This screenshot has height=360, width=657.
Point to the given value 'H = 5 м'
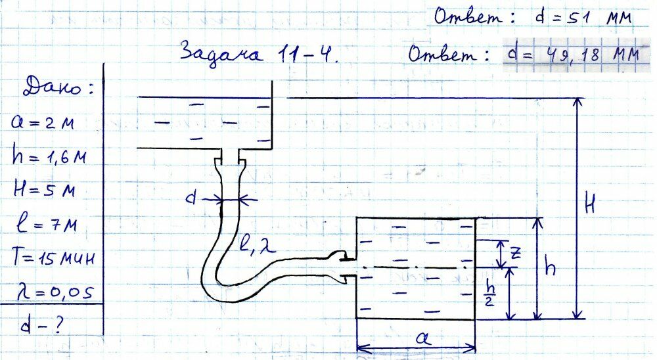click(x=45, y=191)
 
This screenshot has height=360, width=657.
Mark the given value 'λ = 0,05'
click(x=51, y=288)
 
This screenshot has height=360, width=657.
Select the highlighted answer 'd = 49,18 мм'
click(x=572, y=55)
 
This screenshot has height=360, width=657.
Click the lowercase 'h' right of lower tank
click(x=553, y=268)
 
